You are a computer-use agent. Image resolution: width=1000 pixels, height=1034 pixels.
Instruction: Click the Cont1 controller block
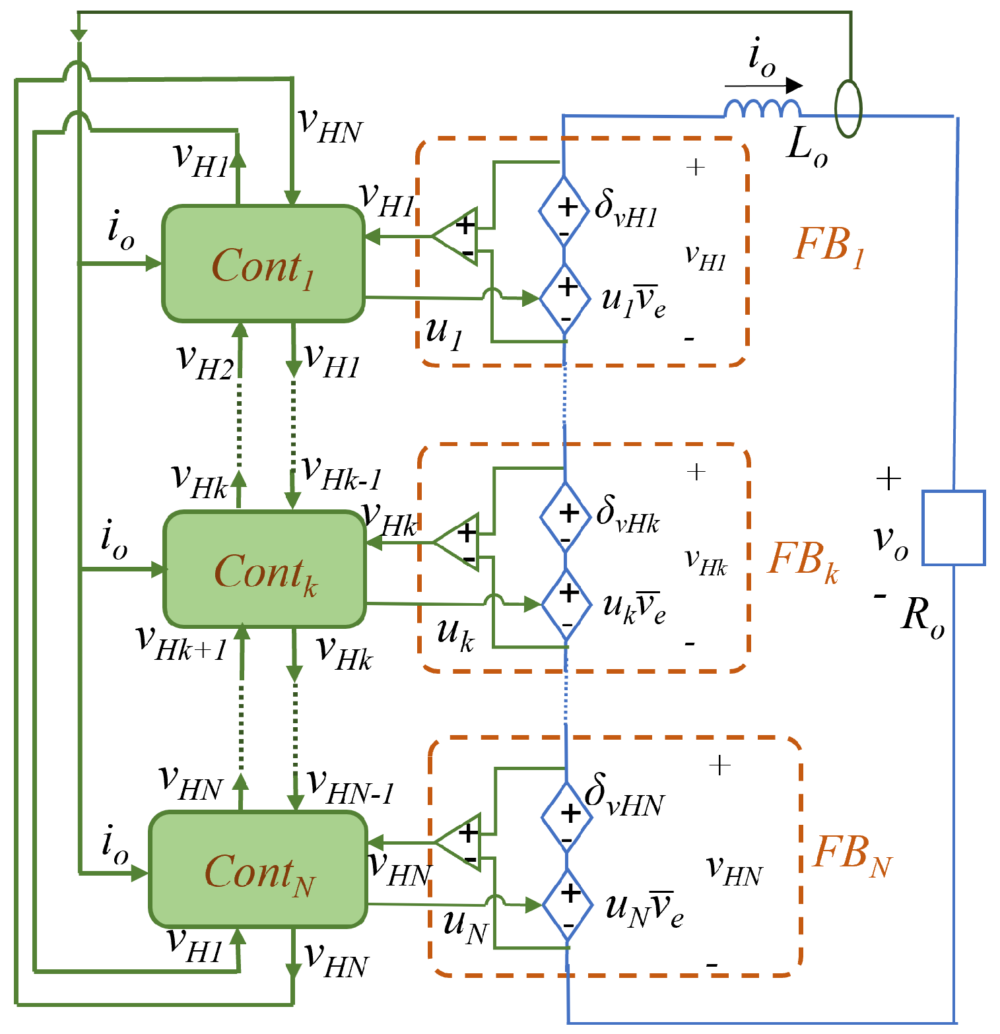coord(263,264)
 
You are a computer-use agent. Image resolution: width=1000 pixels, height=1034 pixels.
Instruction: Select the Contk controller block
coord(265,569)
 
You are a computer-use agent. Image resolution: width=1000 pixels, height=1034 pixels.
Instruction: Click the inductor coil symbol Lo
coord(762,109)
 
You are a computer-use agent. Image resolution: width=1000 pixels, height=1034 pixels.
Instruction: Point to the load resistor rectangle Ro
coord(953,528)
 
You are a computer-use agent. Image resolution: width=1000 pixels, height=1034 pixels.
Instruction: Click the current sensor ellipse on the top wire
coord(848,109)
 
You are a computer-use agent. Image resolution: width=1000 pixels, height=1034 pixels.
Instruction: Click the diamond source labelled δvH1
coord(564,212)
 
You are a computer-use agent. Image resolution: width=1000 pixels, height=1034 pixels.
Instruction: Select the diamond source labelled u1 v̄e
coord(565,299)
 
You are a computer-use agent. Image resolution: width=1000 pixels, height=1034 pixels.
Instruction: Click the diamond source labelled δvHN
coord(567,817)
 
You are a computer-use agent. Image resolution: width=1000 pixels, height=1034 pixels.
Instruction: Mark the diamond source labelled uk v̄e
coord(566,604)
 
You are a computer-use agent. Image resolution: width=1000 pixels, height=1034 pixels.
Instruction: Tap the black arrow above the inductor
coord(764,86)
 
